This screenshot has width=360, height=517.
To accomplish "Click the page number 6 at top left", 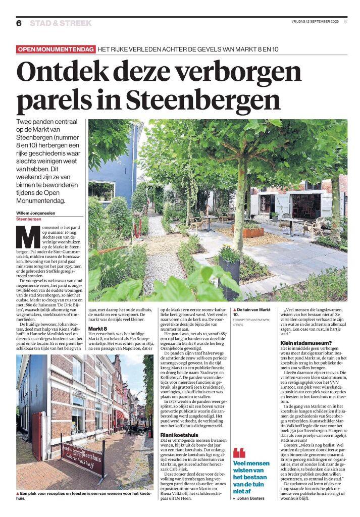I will tap(19, 23).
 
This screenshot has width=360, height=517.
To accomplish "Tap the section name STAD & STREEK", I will tap(61, 23).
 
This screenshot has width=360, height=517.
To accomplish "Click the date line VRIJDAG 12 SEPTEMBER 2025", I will tap(311, 21).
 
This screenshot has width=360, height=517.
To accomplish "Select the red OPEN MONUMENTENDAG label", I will tap(56, 49).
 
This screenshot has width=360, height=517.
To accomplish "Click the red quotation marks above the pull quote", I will tap(239, 453).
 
